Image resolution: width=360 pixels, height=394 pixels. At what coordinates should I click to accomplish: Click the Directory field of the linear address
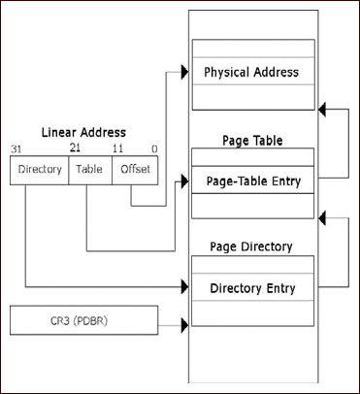[39, 170]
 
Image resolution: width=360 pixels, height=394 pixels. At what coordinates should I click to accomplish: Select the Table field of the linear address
[88, 170]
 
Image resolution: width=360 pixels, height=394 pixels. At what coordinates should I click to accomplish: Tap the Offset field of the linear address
[131, 170]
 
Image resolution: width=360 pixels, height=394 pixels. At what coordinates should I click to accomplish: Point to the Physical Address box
[252, 72]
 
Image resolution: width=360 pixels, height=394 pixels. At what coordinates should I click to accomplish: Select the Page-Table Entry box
[252, 181]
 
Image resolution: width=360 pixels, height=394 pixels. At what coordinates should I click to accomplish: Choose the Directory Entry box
[252, 288]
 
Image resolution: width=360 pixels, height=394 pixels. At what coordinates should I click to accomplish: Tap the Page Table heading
[252, 141]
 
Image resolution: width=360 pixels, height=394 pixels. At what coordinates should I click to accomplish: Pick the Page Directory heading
[252, 247]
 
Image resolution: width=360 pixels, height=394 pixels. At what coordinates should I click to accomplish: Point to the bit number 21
[74, 148]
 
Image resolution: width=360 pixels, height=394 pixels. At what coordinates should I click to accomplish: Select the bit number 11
[117, 148]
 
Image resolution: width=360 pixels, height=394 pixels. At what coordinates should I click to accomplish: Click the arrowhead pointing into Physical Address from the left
[182, 73]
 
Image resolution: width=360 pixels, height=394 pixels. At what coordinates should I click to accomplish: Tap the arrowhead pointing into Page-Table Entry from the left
[182, 181]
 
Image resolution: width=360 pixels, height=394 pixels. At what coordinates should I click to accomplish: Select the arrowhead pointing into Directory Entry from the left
[182, 288]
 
